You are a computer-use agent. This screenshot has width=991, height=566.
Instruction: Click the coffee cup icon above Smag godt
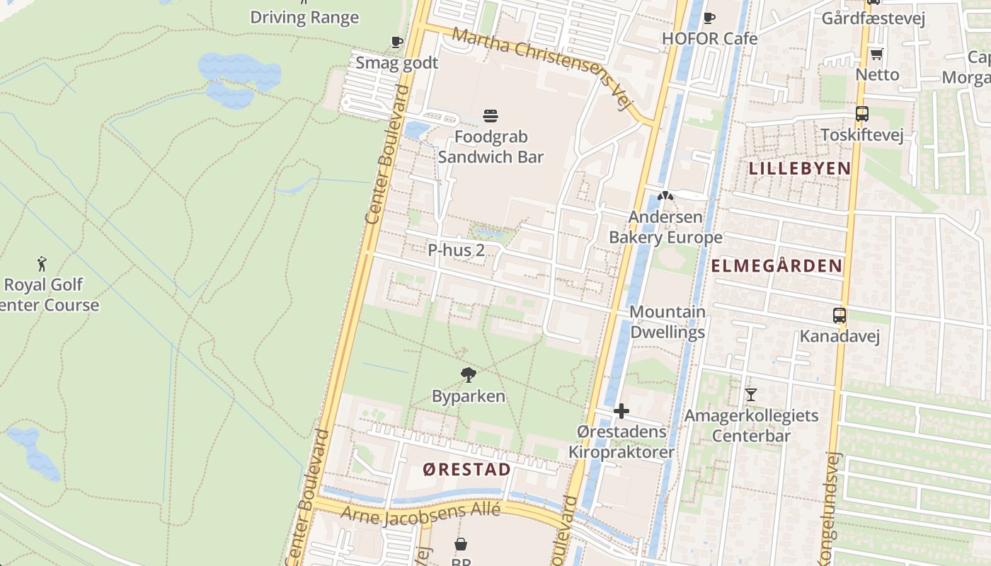pyautogui.click(x=397, y=42)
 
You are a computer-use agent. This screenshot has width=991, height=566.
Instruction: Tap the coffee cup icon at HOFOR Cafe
pyautogui.click(x=709, y=18)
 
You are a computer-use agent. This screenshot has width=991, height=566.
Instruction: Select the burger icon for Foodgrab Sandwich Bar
pyautogui.click(x=491, y=115)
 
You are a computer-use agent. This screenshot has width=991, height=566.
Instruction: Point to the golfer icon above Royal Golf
pyautogui.click(x=42, y=264)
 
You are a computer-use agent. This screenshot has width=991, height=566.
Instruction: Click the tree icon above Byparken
pyautogui.click(x=468, y=375)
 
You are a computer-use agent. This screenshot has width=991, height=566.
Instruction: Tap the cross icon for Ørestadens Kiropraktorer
pyautogui.click(x=621, y=411)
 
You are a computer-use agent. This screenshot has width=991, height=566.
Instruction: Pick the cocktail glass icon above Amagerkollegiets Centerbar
pyautogui.click(x=751, y=394)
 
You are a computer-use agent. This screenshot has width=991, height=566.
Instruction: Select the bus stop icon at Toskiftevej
pyautogui.click(x=861, y=113)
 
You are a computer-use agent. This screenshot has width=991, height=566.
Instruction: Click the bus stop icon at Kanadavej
pyautogui.click(x=840, y=316)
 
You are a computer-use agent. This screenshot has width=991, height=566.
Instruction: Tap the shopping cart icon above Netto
pyautogui.click(x=876, y=54)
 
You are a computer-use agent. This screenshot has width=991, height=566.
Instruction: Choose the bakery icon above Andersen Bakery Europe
pyautogui.click(x=664, y=196)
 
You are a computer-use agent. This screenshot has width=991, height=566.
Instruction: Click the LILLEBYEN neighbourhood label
pyautogui.click(x=799, y=168)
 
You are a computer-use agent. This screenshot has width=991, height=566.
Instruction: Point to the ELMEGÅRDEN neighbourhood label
pyautogui.click(x=777, y=266)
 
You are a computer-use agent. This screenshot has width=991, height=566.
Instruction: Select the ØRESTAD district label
pyautogui.click(x=466, y=470)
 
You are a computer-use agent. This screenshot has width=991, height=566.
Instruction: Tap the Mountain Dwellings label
pyautogui.click(x=667, y=322)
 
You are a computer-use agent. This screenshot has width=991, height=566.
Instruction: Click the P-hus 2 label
pyautogui.click(x=456, y=250)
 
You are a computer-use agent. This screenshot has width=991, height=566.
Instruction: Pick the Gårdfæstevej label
pyautogui.click(x=873, y=18)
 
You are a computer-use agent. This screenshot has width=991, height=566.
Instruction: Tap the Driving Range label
pyautogui.click(x=304, y=18)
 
